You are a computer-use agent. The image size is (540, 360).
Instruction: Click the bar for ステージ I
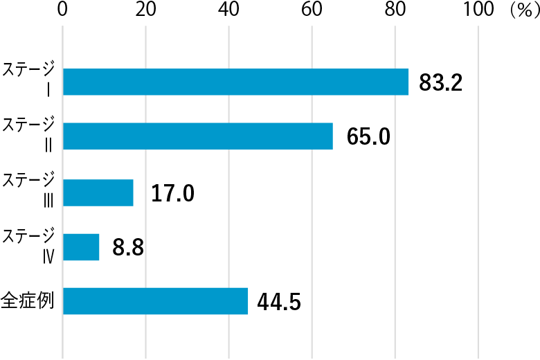pos(235,82)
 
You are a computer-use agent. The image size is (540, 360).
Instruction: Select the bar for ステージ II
pos(198,136)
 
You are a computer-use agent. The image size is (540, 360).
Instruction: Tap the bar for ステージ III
pos(98,192)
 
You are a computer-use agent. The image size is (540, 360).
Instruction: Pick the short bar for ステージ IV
pos(81,247)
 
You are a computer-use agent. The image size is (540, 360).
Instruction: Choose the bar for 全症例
pos(155,301)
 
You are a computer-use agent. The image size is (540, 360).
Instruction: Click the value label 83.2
pos(440,83)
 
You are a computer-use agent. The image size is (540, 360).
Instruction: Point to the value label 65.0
pos(368,137)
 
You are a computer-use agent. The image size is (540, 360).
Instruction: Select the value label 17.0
pos(172,193)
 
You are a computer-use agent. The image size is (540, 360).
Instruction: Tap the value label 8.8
pos(128,248)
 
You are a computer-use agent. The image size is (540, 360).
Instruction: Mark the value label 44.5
pos(279,303)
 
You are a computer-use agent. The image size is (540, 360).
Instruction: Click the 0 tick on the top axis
pos(63,10)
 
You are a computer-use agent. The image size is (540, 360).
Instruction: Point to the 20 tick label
pos(145,10)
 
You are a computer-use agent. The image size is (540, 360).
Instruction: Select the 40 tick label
pos(228,10)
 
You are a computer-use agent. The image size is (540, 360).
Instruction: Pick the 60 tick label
pos(312,10)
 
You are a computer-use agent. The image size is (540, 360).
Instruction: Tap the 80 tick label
pos(395,10)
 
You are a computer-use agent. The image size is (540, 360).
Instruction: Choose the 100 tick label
pos(478,10)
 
